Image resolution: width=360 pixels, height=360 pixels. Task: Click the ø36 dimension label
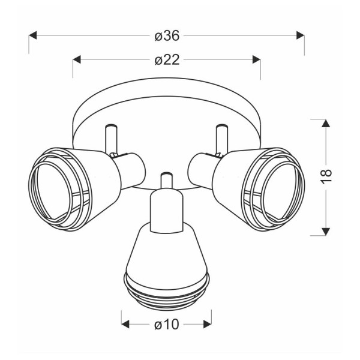click(167, 36)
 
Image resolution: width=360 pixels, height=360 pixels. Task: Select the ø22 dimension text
click(167, 60)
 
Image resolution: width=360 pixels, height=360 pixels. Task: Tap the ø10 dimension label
click(166, 325)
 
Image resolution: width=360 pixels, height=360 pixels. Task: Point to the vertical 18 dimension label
click(326, 176)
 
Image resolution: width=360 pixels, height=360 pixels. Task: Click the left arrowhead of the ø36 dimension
click(32, 35)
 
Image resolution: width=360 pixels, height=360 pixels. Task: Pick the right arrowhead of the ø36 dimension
click(301, 35)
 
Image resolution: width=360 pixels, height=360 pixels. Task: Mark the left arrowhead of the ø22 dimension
click(77, 59)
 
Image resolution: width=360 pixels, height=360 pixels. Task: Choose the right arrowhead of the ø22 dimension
click(256, 59)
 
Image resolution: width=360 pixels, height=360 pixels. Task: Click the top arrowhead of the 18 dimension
click(326, 123)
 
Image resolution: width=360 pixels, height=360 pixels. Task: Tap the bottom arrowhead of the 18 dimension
click(326, 232)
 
